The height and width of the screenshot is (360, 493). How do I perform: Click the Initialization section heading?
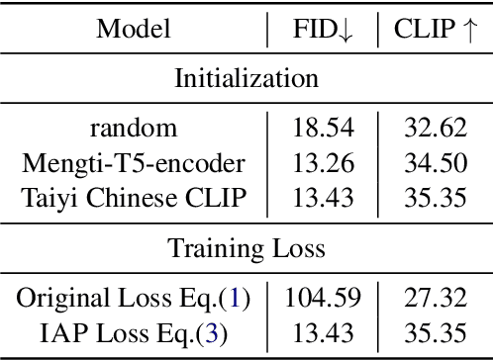point(246,79)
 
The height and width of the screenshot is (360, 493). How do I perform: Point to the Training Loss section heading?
point(246,247)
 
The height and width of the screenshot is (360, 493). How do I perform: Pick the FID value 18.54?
point(322,129)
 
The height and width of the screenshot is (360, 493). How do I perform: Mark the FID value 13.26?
point(322,161)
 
